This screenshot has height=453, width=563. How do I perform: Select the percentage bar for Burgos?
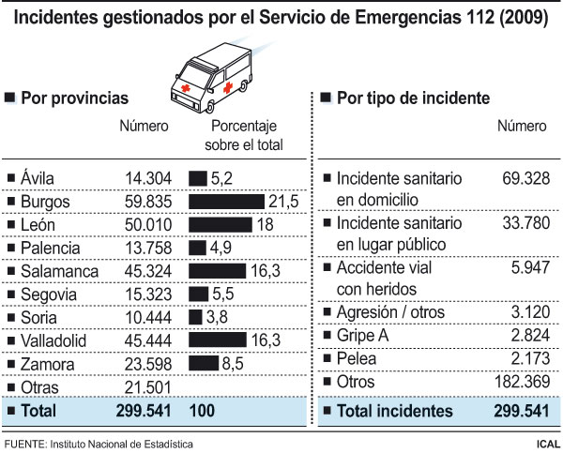pos(226,201)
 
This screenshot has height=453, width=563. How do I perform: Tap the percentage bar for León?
pos(221,224)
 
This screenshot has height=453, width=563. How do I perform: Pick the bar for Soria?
pos(195,316)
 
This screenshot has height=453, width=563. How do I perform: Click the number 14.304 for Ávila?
pos(146,177)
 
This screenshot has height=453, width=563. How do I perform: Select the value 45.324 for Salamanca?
pos(146,270)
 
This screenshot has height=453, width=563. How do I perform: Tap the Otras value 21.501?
pos(146,385)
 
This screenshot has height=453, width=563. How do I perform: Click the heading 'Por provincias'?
pos(74,97)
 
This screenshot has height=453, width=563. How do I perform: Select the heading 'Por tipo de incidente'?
pos(412,97)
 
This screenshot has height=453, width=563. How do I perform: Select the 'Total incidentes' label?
pos(395,411)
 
